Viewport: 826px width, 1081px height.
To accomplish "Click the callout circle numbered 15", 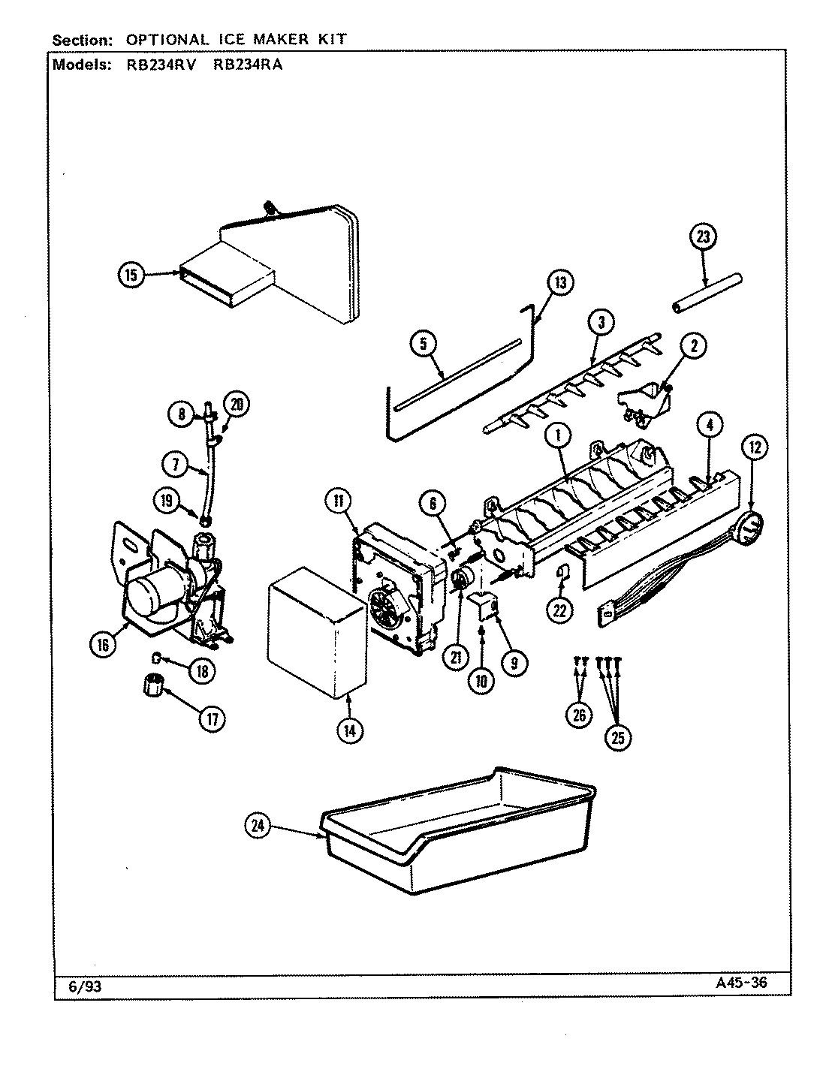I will pos(131,276).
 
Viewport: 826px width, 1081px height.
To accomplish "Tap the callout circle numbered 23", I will pos(703,237).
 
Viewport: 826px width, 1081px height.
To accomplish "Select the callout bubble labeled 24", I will pos(258,826).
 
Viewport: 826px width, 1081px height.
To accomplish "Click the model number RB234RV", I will pos(157,65).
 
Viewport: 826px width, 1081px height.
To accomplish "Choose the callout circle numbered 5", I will pos(424,344).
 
